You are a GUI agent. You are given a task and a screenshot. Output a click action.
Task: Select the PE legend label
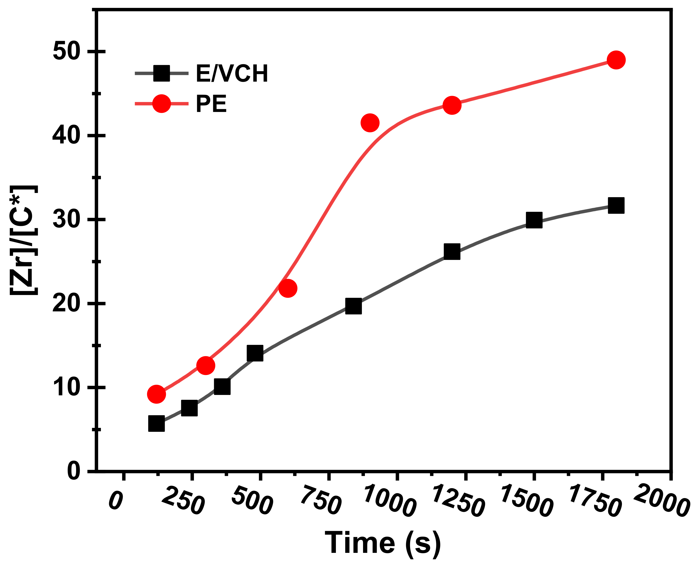(x=211, y=104)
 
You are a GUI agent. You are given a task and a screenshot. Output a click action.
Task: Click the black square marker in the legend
(x=161, y=73)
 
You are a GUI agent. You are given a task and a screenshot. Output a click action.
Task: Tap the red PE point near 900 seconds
(x=370, y=123)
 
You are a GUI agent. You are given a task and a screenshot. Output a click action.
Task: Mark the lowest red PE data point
(x=156, y=394)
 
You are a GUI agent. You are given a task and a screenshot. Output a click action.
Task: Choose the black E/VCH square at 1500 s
(x=534, y=220)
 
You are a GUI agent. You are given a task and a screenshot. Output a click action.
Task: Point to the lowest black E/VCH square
(x=156, y=424)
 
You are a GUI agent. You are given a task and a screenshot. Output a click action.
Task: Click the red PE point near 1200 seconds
(x=452, y=105)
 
